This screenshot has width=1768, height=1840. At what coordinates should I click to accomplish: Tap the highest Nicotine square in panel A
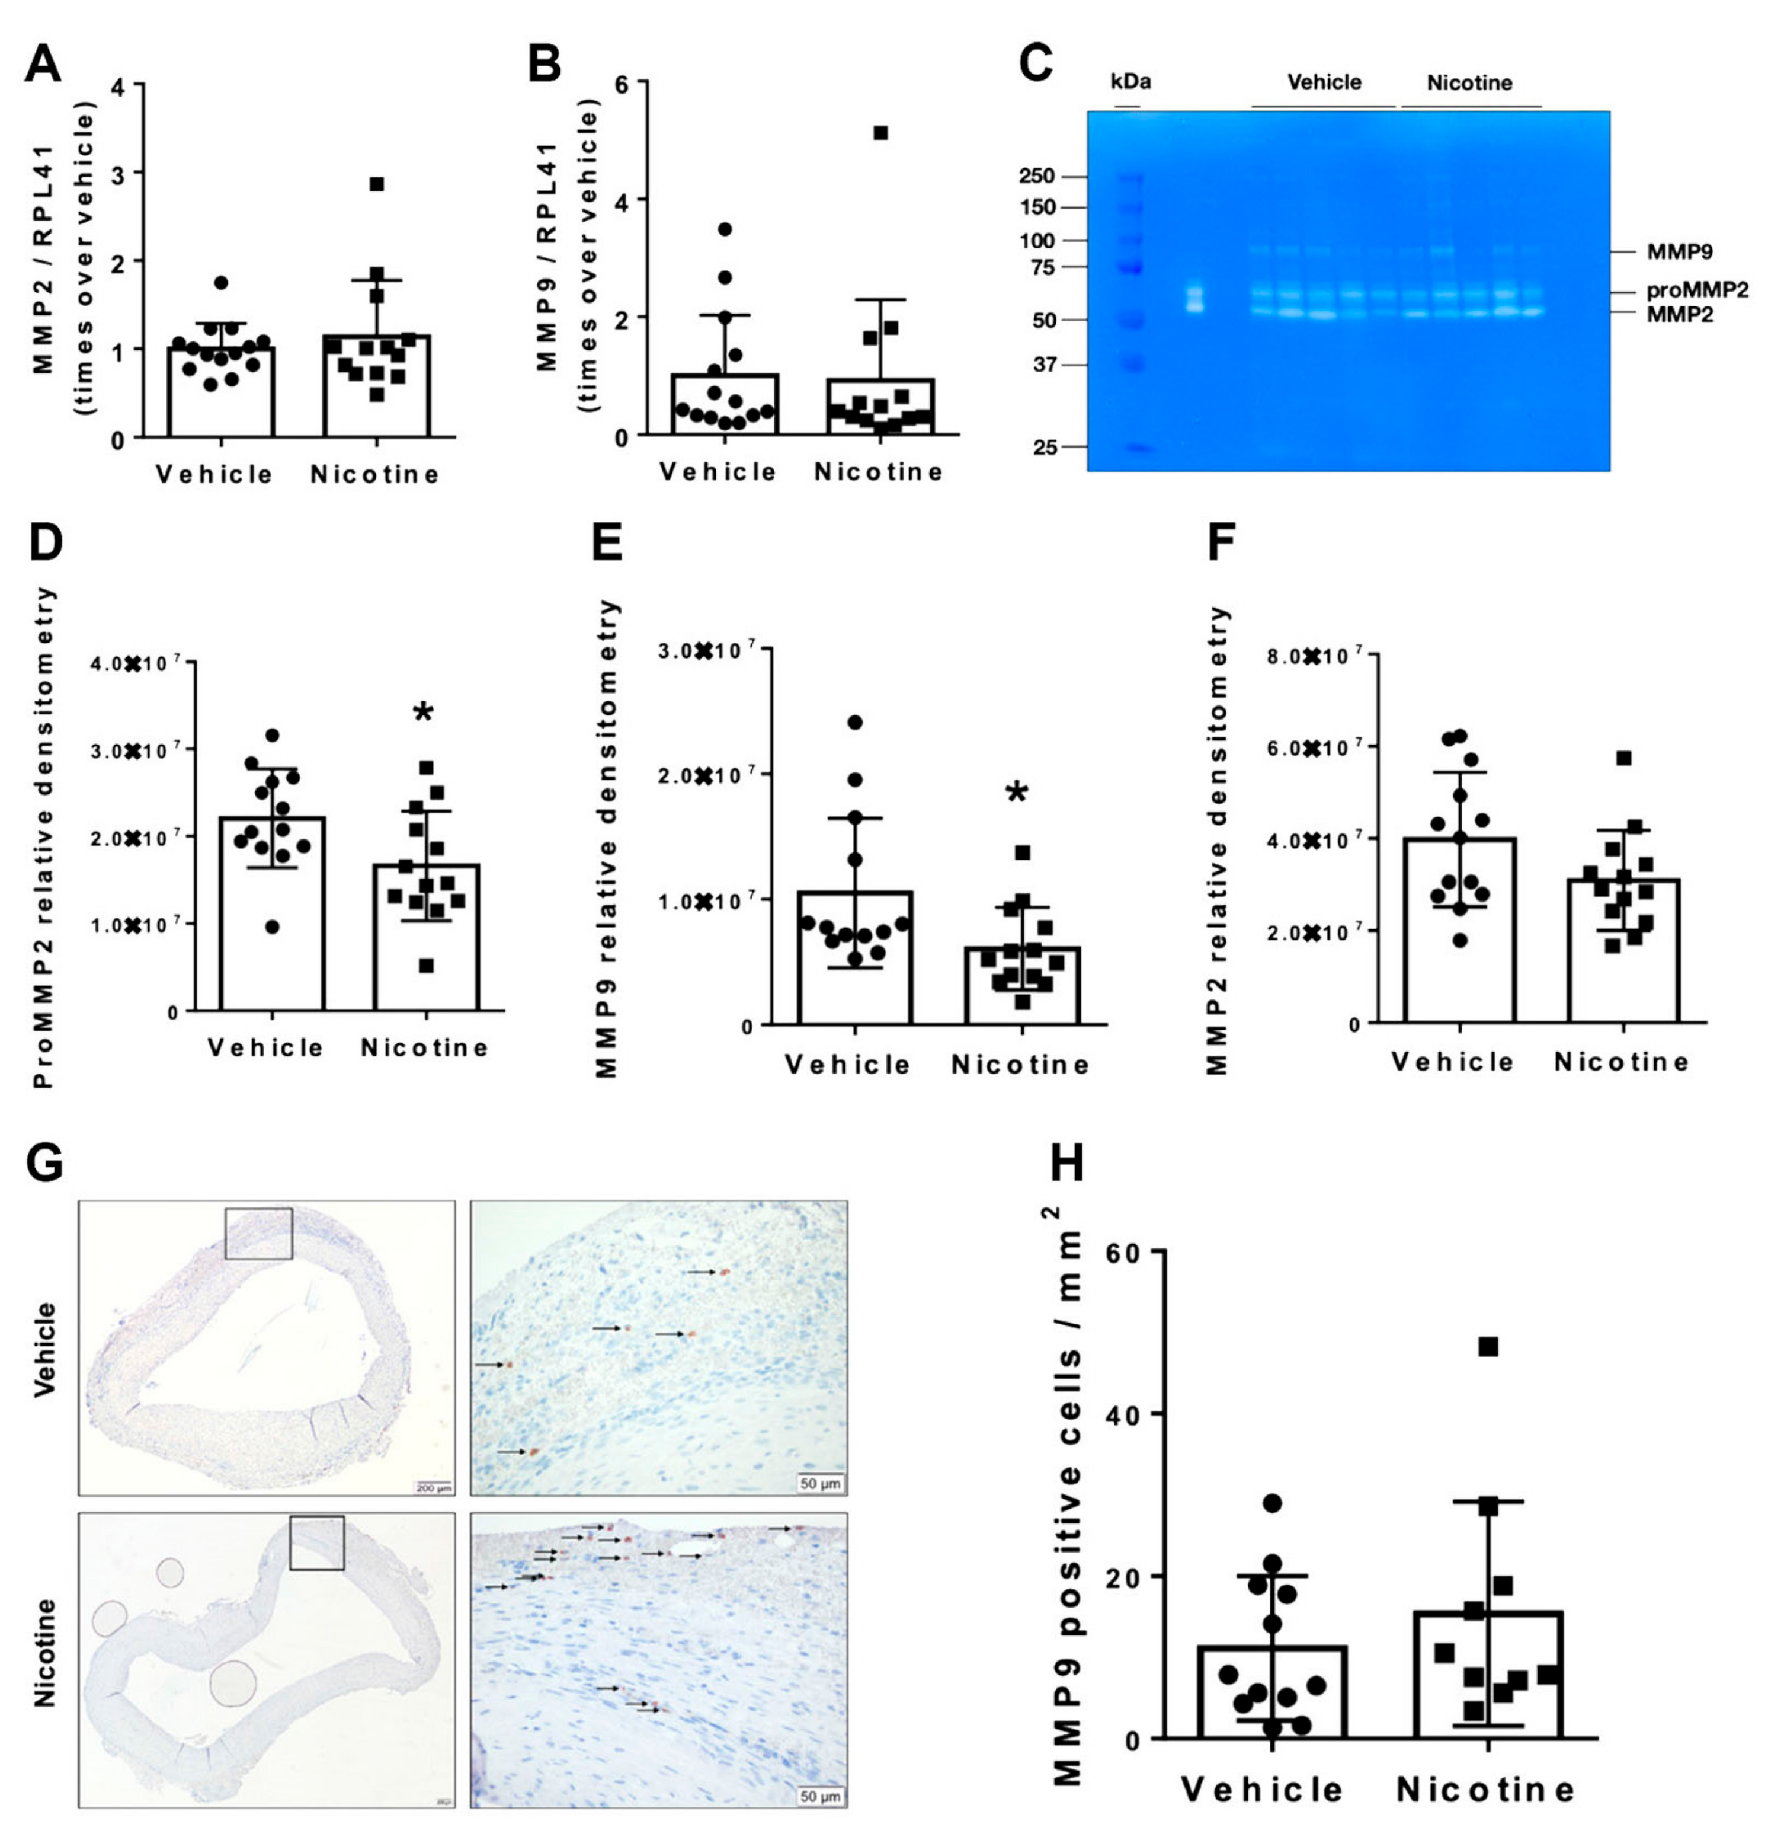(x=376, y=184)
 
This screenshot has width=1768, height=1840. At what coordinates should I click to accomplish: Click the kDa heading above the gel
(x=1130, y=82)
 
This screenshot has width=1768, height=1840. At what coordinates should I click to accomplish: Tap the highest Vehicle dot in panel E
(x=855, y=722)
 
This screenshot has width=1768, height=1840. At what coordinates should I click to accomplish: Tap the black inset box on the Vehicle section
(x=259, y=1234)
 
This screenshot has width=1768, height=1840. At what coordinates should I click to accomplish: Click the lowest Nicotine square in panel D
(x=426, y=965)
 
